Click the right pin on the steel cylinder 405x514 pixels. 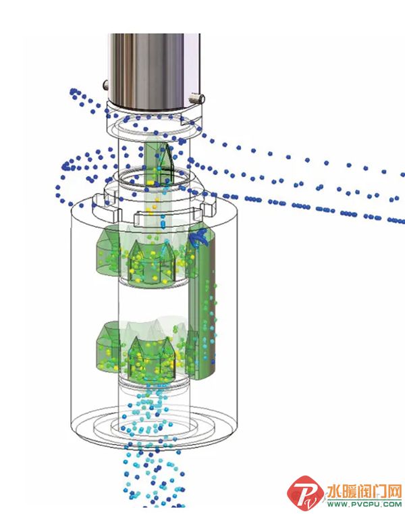click(x=197, y=98)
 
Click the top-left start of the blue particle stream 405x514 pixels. click(x=73, y=91)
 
